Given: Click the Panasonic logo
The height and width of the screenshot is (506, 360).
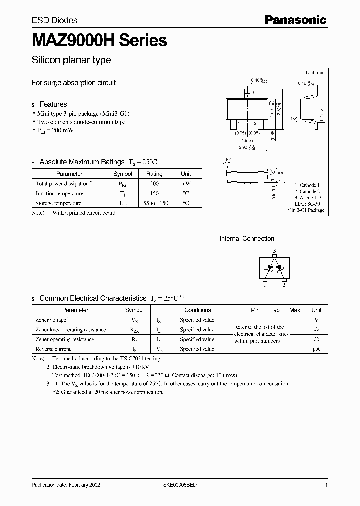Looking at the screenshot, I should pos(295,20).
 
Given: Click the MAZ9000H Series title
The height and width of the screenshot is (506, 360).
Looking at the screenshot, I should pos(99,40).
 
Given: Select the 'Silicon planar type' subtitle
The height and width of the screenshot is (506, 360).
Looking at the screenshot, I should pos(71,60).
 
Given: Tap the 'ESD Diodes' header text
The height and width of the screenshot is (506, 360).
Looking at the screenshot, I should pos(55,20).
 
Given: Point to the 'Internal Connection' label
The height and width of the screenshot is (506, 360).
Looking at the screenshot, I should pos(247,239).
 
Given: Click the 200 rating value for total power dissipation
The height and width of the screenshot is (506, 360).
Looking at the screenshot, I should pos(154,184).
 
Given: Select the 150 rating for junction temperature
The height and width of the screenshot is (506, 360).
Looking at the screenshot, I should pos(154,193).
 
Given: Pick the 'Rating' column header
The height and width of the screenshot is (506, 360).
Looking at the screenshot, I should pos(154,174).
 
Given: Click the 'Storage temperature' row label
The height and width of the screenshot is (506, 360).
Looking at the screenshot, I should pos(58,203).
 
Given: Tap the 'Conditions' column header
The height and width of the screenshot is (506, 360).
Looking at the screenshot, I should pos(197,310).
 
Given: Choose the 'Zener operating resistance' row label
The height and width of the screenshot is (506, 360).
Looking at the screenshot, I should pos(64,339).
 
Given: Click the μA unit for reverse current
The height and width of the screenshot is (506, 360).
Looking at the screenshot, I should pos(316,349).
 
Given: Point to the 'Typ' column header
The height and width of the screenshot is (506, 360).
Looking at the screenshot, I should pos(275,310).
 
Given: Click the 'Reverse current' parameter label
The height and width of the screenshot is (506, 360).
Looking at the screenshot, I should pos(53,349).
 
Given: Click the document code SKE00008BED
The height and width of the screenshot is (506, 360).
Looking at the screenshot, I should pos(183,485).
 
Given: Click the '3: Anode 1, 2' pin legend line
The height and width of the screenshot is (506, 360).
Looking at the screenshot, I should pos(309,198).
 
